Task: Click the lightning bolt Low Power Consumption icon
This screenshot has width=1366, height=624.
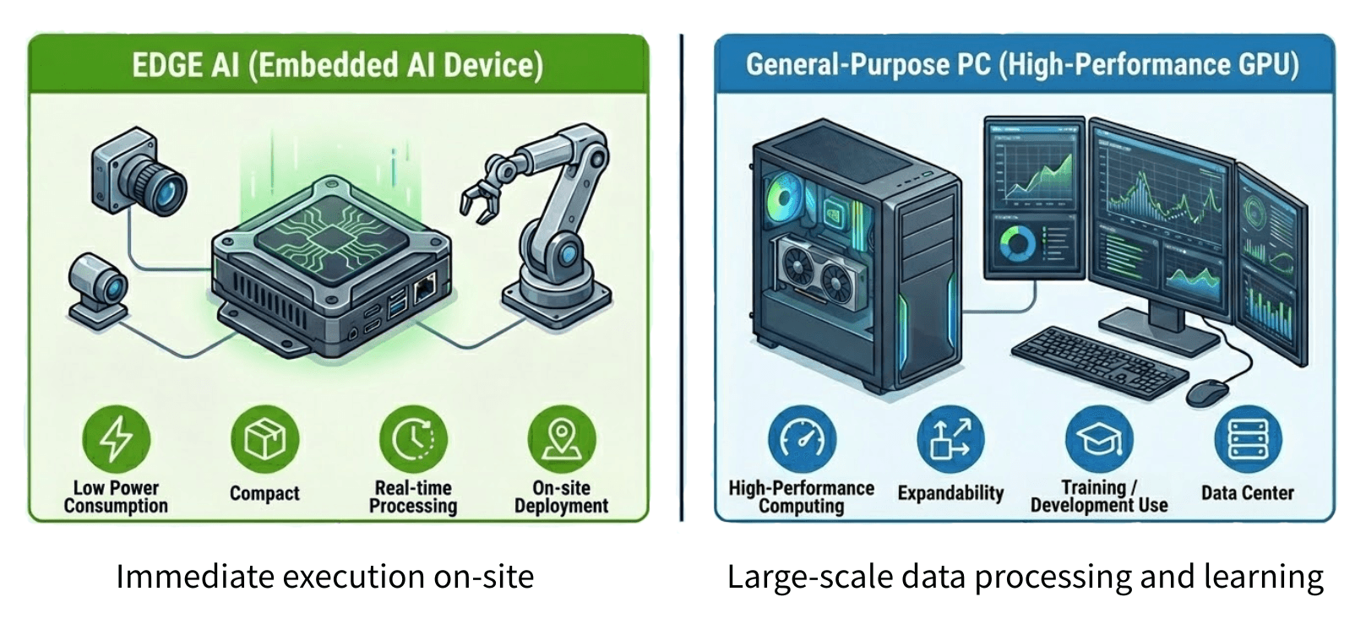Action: [x=116, y=439]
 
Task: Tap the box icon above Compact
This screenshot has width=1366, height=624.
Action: [x=264, y=439]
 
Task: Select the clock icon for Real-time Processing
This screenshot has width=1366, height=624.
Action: [x=413, y=439]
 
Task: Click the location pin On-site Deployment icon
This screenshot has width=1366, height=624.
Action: [x=561, y=439]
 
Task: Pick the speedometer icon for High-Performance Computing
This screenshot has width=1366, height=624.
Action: [x=802, y=439]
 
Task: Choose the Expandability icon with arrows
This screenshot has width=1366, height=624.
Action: [x=950, y=439]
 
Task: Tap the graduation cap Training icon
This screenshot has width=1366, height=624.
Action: [x=1099, y=439]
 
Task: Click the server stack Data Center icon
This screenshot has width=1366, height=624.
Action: [x=1248, y=439]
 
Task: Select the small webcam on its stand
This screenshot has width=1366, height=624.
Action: [x=99, y=286]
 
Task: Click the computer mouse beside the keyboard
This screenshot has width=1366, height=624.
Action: [x=1207, y=391]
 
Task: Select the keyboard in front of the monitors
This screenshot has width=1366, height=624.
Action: [x=1098, y=359]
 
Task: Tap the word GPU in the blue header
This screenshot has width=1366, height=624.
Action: [x=1270, y=65]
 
